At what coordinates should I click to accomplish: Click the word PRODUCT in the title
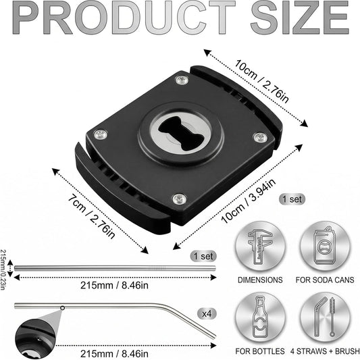click(x=124, y=18)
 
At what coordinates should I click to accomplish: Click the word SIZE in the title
click(x=300, y=18)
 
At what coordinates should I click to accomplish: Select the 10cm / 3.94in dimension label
click(x=248, y=201)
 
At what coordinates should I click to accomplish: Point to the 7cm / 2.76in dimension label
click(x=91, y=217)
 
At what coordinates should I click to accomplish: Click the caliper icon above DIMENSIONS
click(x=260, y=247)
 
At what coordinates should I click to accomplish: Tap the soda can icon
click(x=325, y=246)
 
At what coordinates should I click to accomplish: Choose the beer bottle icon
click(x=260, y=317)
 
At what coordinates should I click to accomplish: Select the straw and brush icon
click(x=325, y=317)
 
